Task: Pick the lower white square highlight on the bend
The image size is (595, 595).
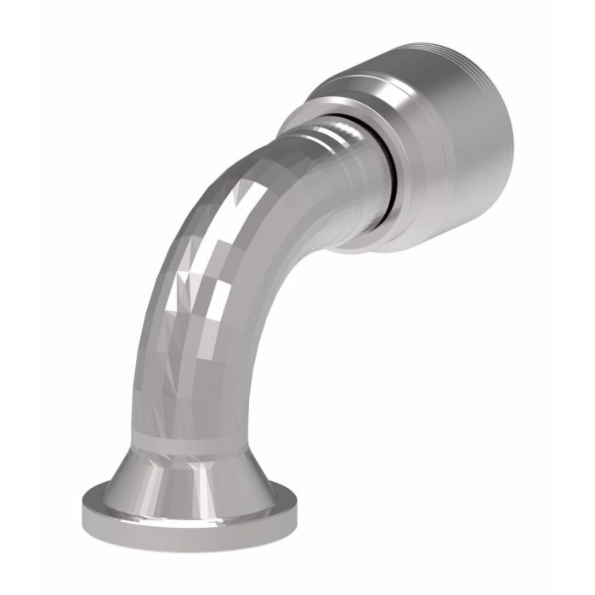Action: pyautogui.click(x=189, y=293)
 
